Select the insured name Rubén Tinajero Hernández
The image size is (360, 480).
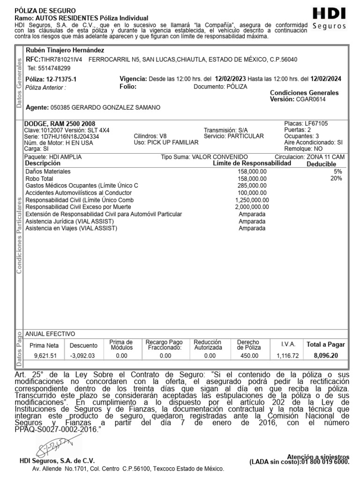point(65,50)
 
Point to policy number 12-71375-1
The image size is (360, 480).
point(61,79)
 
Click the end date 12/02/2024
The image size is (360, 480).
point(325,79)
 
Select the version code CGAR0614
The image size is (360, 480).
point(311,99)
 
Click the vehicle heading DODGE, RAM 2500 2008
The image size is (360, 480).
point(56,124)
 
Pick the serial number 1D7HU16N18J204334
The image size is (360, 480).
point(69,136)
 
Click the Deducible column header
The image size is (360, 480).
point(321,164)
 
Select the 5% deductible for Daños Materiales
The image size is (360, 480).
point(338,172)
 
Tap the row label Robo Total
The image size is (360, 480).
point(39,179)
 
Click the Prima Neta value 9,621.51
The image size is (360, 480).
point(45,356)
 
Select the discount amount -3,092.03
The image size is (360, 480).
point(82,356)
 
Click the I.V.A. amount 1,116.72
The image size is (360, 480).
point(287,356)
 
